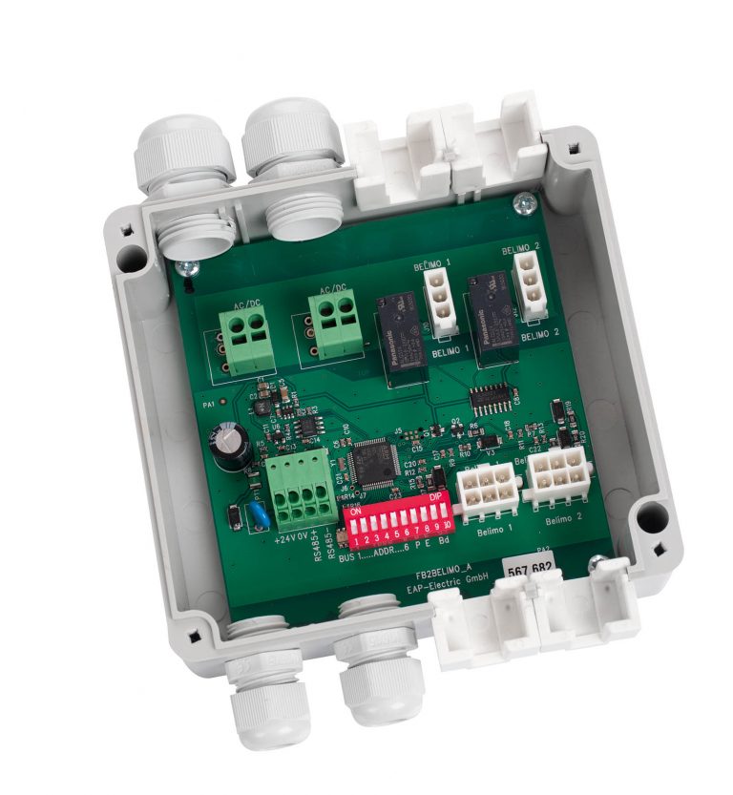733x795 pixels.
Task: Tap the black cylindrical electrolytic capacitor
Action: click(232, 446)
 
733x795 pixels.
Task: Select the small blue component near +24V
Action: click(257, 517)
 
